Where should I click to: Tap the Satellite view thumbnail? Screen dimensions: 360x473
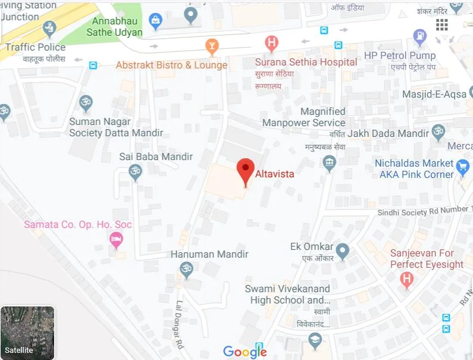[x=27, y=333]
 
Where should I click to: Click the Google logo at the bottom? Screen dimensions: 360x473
[x=245, y=352]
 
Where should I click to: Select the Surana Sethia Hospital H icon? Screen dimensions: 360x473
[x=271, y=43]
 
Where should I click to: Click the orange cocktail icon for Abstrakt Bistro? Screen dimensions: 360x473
[x=211, y=46]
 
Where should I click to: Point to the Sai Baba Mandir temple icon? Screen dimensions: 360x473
[x=136, y=172]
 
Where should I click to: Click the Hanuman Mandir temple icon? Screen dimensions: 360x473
[x=187, y=270]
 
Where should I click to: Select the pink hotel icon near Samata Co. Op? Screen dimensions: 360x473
[x=117, y=240]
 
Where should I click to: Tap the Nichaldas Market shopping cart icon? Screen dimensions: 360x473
[x=463, y=165]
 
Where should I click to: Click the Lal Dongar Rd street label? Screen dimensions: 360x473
[x=178, y=324]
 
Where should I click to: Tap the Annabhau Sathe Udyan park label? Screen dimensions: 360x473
[x=115, y=26]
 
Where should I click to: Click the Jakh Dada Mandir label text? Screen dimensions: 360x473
[x=388, y=133]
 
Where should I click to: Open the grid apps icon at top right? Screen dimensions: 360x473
[x=441, y=24]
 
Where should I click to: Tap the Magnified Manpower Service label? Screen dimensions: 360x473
[x=304, y=117]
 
